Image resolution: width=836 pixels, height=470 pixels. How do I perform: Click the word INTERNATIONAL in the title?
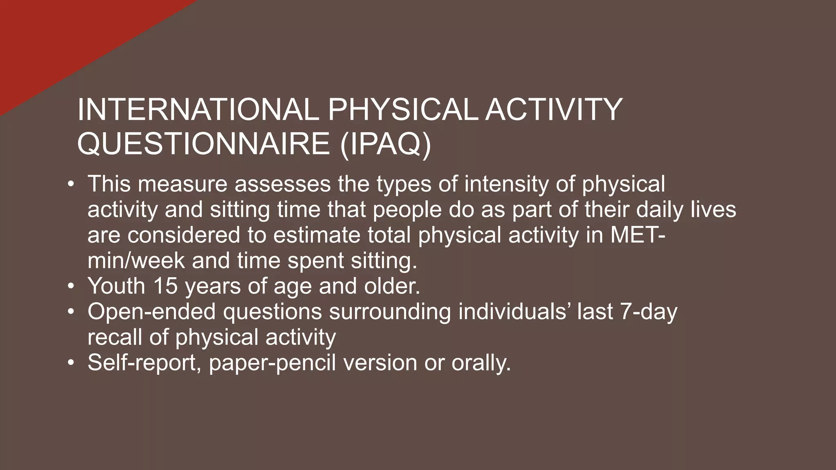[198, 110]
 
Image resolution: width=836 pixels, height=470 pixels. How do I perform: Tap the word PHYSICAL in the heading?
[402, 110]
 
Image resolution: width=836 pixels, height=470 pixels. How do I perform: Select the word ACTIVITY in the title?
[553, 110]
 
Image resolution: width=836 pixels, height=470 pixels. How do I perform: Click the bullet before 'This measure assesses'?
[71, 184]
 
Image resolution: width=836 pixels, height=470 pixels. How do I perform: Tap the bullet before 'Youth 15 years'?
[71, 286]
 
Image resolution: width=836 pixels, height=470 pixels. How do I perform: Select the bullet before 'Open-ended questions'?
[71, 312]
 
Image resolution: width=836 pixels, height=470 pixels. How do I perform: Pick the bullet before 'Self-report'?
[71, 363]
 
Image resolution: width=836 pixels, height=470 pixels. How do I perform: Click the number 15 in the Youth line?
[165, 286]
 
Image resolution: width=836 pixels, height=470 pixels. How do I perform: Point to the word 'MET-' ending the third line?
[638, 235]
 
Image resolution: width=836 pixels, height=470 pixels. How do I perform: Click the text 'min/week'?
[136, 260]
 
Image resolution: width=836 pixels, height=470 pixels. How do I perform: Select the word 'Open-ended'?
[151, 312]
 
